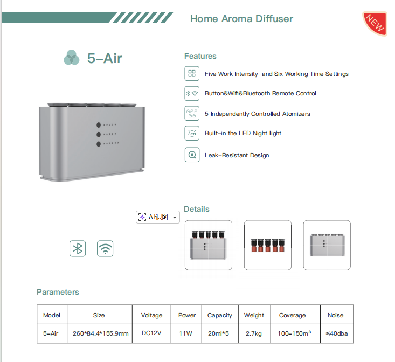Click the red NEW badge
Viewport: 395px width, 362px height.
coord(375,23)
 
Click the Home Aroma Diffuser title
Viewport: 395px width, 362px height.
coord(241,19)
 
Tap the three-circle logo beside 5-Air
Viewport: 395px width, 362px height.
coord(72,58)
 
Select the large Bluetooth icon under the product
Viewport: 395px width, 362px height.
coord(78,249)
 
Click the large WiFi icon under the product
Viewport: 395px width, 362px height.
coord(105,249)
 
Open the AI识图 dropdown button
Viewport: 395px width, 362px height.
coord(158,217)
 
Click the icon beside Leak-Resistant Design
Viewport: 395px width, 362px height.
coord(192,155)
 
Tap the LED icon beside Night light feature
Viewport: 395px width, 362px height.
coord(192,133)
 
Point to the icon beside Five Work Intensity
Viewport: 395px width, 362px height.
coord(192,73)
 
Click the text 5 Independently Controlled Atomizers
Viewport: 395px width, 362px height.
coord(257,114)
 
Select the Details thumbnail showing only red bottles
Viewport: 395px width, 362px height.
coord(267,245)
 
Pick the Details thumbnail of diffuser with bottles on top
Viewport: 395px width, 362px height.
coord(209,245)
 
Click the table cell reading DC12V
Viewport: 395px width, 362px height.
coord(151,333)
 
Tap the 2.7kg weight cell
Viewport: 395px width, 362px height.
coord(254,333)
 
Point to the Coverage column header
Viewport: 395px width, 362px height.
coord(293,315)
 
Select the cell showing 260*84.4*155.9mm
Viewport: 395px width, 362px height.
coord(100,333)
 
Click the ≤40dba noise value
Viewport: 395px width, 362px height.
coord(337,333)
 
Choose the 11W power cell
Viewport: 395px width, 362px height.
coord(186,333)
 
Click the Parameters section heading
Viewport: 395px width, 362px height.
coord(58,292)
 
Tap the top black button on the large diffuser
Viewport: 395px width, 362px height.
coord(99,125)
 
